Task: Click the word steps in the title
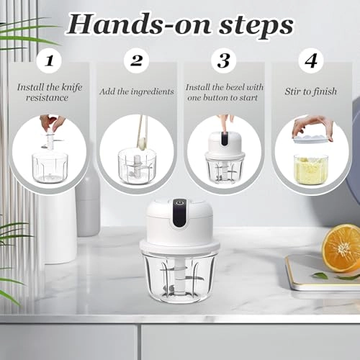256,27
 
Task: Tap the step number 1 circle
50,60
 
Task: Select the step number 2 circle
136,60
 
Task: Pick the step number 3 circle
224,60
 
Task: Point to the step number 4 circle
311,60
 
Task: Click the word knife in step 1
72,87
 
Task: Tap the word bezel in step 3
233,87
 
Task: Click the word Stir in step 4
292,91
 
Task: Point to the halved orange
341,248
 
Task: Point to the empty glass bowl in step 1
50,168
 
